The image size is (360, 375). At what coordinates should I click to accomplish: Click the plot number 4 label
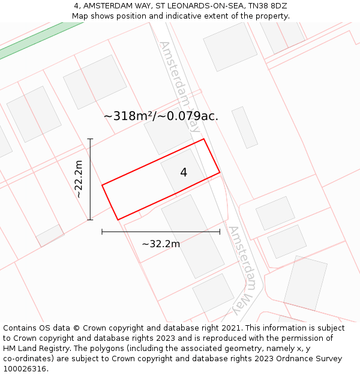coord(184,173)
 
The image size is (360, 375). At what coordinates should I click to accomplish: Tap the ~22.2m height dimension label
coord(79,179)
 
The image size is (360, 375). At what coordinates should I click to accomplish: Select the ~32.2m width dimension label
coord(161,244)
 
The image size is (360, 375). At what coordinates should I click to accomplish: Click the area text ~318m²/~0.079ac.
coord(161,116)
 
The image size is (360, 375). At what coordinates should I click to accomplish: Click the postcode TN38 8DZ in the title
coord(265,6)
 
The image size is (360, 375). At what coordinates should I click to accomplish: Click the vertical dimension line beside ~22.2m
coord(90,179)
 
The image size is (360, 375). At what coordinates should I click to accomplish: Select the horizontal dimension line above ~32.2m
coord(161,232)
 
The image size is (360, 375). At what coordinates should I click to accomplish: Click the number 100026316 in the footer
coord(24,369)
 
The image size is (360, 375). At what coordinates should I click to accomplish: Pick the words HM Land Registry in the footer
coord(34,349)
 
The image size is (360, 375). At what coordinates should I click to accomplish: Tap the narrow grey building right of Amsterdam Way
coord(245,127)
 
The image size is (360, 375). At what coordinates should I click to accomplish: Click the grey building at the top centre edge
coord(230,46)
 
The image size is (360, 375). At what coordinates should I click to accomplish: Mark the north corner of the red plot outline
coord(204,139)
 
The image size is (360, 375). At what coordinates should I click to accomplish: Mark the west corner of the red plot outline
coord(102,185)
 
